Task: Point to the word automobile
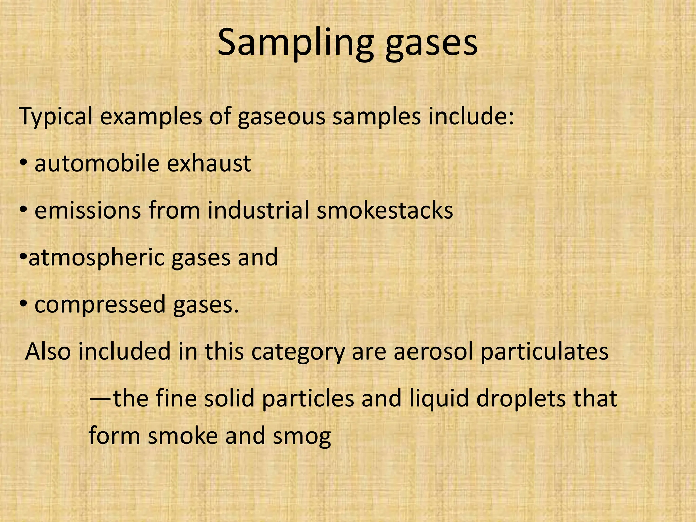97,163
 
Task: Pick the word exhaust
209,163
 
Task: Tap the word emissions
88,210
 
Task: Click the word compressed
100,305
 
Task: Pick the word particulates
544,352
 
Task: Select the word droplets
520,399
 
